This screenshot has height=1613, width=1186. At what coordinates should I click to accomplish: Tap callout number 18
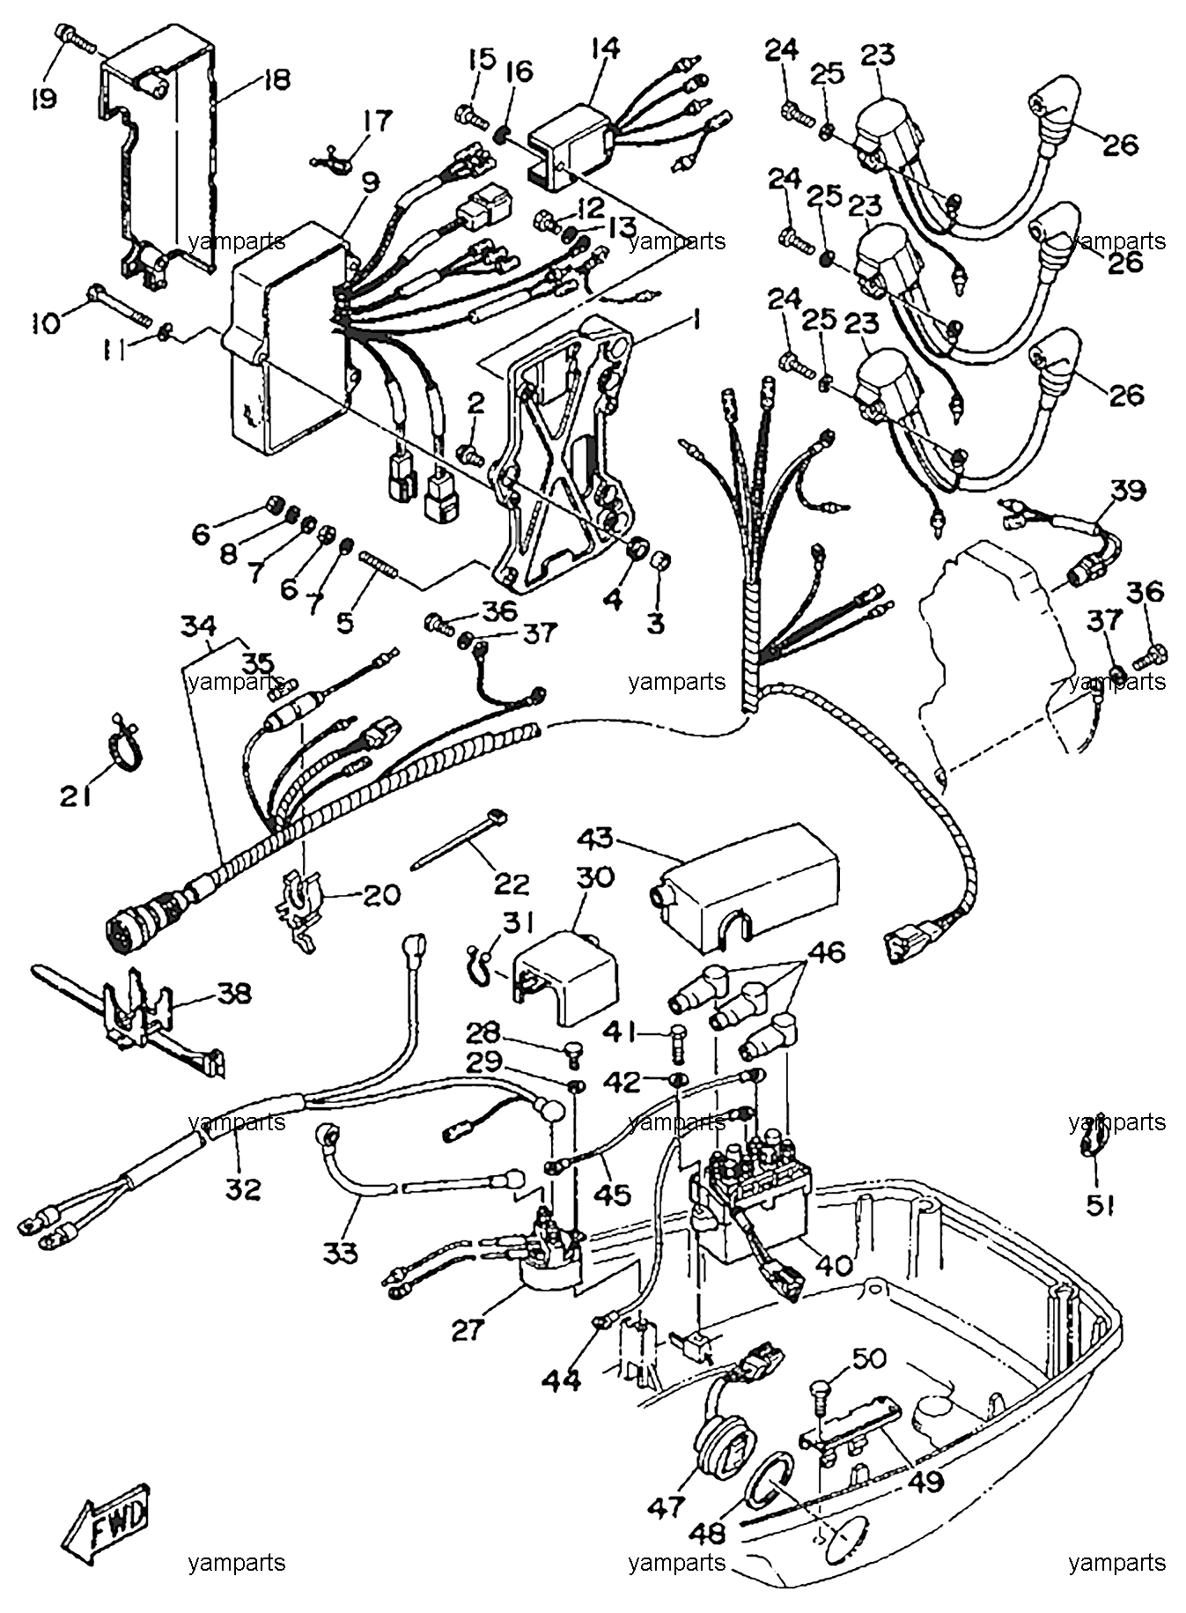click(x=276, y=81)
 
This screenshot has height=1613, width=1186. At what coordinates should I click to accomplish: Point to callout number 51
click(x=1100, y=1205)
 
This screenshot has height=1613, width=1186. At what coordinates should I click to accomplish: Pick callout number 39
click(x=1128, y=491)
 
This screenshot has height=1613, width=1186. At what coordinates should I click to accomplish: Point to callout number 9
click(x=371, y=182)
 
